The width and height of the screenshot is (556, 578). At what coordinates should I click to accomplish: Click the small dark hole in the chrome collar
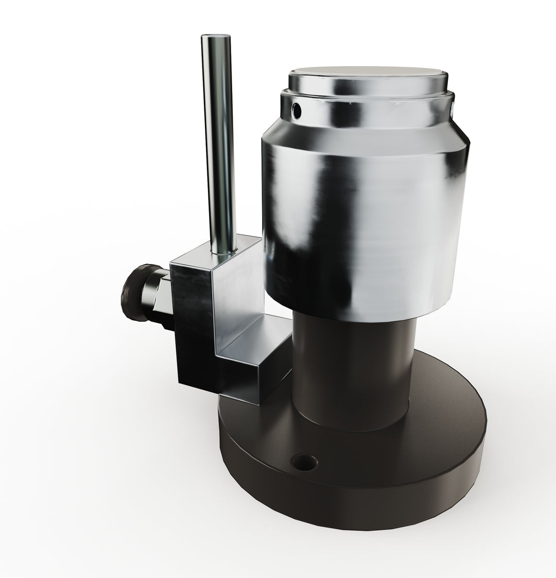coord(296,109)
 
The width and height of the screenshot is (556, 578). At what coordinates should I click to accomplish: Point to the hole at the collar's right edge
coord(451,108)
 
